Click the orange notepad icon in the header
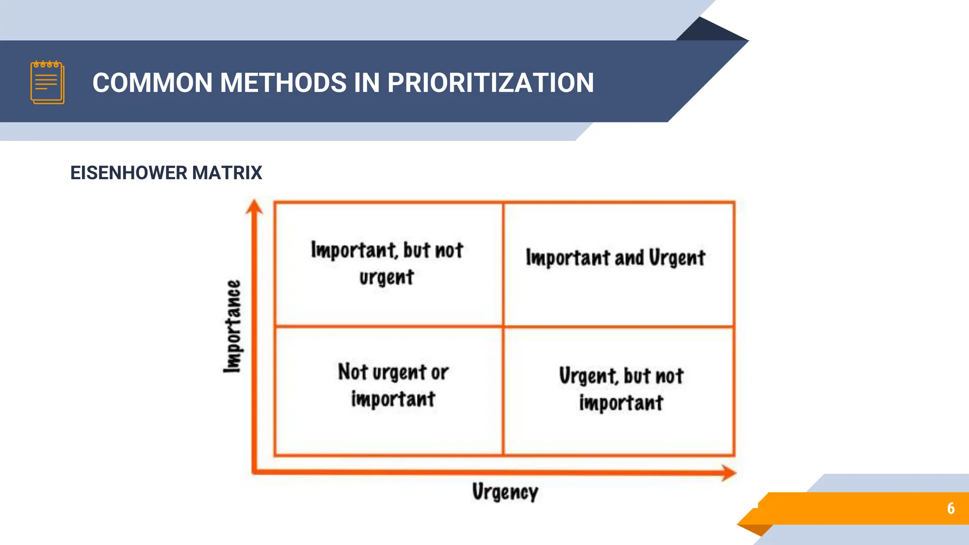[x=47, y=82]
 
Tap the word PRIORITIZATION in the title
[x=490, y=83]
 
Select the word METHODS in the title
[x=283, y=83]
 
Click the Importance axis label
[x=232, y=326]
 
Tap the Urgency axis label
[x=505, y=492]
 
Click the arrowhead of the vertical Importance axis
[x=255, y=207]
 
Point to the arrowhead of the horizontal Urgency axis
[x=729, y=472]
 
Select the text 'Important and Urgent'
[x=615, y=258]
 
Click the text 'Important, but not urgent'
[x=387, y=263]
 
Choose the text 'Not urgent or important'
[x=393, y=385]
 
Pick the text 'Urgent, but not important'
[x=621, y=389]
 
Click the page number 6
[x=951, y=508]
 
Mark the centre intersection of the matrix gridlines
[x=503, y=326]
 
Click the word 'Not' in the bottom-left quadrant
[x=352, y=371]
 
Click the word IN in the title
[x=367, y=83]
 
